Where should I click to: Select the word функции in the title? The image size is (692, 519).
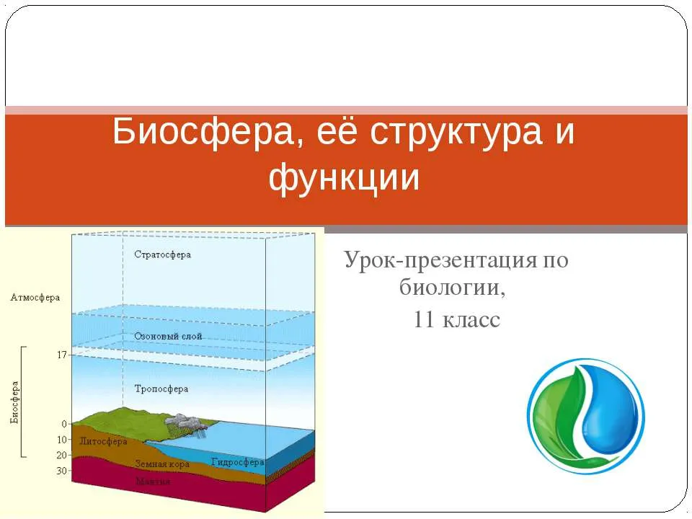click(x=344, y=179)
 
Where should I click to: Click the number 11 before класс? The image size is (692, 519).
click(x=424, y=319)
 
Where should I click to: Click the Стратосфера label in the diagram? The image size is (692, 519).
click(x=162, y=254)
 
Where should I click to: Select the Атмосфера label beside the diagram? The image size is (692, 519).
click(x=35, y=298)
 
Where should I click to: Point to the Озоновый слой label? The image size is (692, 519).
click(x=168, y=337)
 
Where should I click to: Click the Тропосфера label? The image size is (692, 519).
click(x=161, y=389)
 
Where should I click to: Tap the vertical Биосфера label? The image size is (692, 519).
click(x=14, y=402)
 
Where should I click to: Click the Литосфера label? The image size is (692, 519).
click(x=103, y=441)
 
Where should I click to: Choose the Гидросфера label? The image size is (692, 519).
click(x=237, y=462)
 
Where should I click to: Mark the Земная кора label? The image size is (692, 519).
click(x=162, y=463)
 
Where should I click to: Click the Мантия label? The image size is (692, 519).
click(x=153, y=481)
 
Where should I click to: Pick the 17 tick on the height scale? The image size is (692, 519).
click(x=62, y=355)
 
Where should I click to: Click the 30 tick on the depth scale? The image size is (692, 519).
click(x=61, y=471)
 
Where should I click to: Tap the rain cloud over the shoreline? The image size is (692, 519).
click(x=187, y=422)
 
